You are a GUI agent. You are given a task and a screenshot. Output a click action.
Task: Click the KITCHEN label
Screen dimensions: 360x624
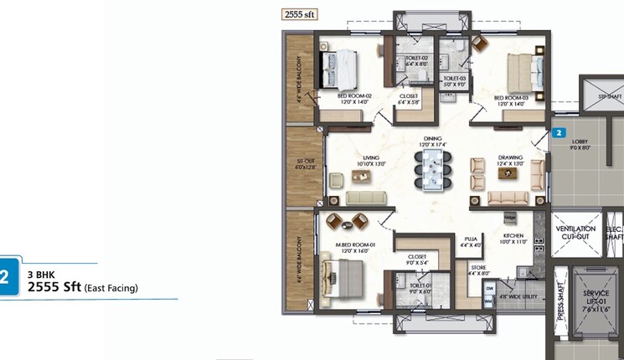[x=513, y=239]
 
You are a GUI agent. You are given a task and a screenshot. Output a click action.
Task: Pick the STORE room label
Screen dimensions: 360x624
[x=478, y=270]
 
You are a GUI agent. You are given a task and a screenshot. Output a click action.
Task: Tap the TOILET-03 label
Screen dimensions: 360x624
[x=455, y=80]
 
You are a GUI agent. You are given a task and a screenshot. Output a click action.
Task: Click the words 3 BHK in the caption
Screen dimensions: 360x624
[x=41, y=274]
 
